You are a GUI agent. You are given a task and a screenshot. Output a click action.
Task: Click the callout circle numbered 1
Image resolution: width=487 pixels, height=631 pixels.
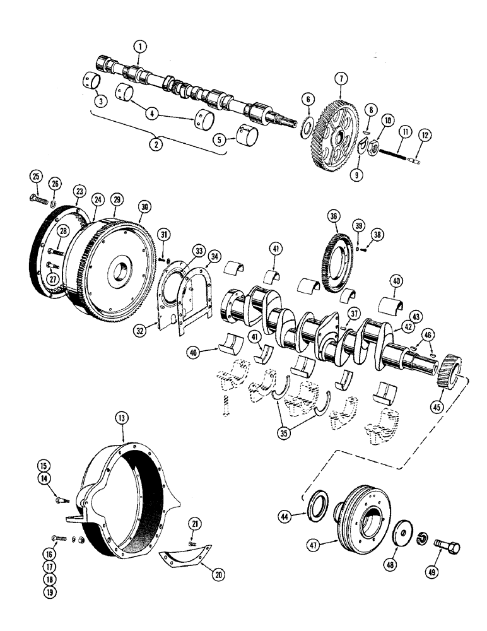click(140, 46)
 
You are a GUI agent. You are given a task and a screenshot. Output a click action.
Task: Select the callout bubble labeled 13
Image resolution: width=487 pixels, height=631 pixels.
click(121, 418)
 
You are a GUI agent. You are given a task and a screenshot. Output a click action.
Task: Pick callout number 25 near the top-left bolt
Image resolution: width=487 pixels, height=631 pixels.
click(36, 175)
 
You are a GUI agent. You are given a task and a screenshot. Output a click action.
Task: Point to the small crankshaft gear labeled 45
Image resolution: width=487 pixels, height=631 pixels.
click(450, 371)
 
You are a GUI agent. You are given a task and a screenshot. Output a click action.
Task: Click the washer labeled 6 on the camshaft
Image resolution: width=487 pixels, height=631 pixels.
click(305, 126)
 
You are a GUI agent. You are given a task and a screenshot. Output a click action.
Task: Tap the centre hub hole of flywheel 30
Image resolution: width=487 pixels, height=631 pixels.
click(120, 272)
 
